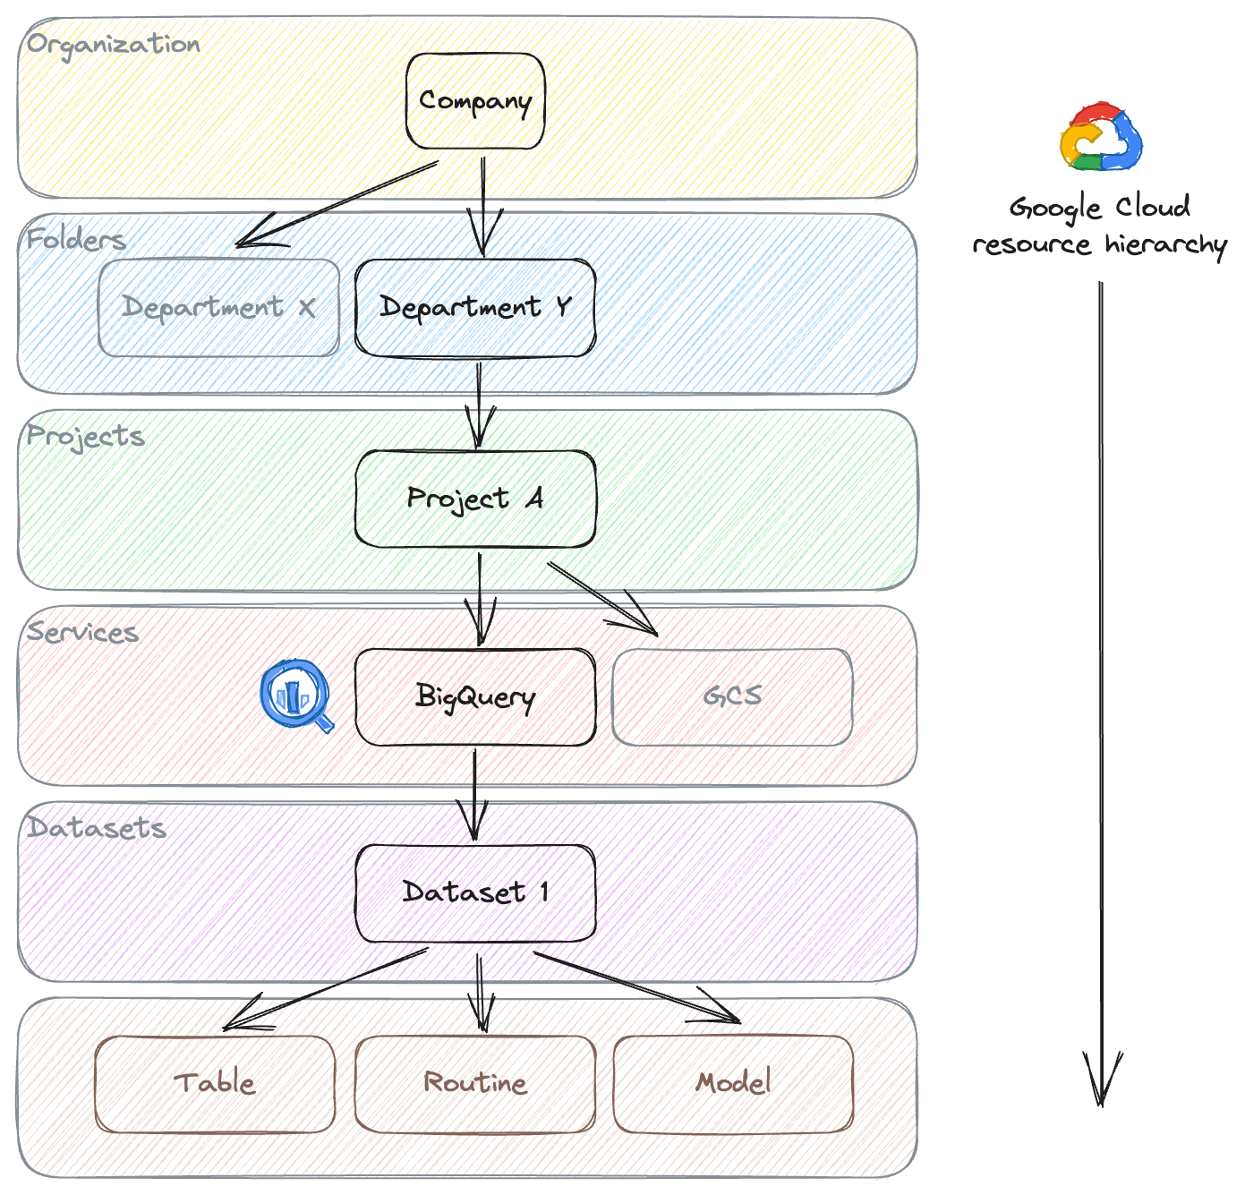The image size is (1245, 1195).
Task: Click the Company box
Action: (475, 101)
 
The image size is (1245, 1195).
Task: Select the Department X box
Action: (218, 308)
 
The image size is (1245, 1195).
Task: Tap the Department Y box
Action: (475, 308)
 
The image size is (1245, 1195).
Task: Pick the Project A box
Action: (475, 499)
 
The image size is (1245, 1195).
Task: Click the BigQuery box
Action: (475, 696)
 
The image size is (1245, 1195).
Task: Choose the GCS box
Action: (732, 696)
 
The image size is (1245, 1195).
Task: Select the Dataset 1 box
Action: (475, 892)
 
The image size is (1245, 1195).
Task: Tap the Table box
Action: (215, 1083)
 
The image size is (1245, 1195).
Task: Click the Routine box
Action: (475, 1083)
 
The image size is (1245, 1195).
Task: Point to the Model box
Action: (733, 1083)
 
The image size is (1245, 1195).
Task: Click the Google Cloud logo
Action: (1101, 138)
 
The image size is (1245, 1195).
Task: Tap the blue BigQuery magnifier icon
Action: (296, 696)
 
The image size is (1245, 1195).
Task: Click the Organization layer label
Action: (114, 45)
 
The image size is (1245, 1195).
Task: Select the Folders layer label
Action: (76, 240)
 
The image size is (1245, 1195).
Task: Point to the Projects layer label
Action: (86, 436)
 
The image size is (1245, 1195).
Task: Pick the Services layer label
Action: (82, 632)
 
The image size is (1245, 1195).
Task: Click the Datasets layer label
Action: (97, 828)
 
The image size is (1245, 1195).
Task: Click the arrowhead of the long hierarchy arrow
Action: (1102, 1083)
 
